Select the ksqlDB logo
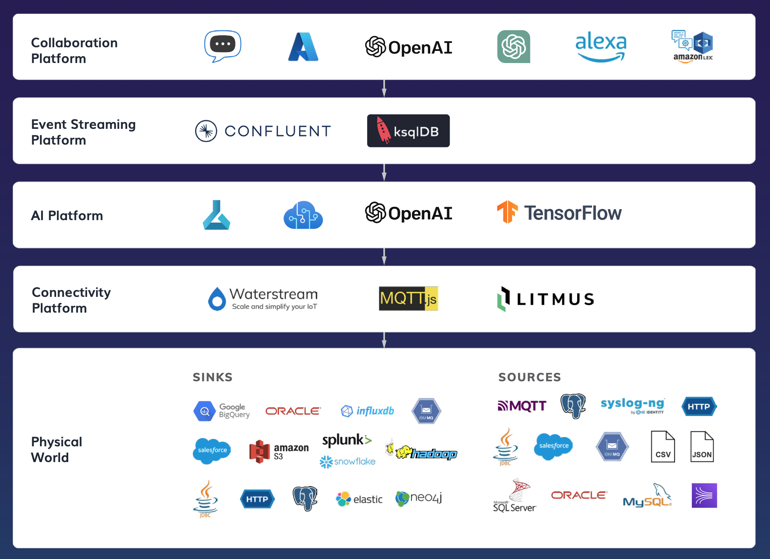tap(408, 131)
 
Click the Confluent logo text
tap(277, 131)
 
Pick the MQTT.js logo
tap(408, 298)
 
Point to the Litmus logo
tap(546, 299)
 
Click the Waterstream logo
tap(263, 298)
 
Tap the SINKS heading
tap(213, 377)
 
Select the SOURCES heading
tap(529, 377)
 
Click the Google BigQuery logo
tap(222, 411)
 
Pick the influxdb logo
tap(368, 411)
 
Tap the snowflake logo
tap(347, 461)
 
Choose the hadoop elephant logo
tap(422, 452)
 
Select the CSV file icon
tap(663, 447)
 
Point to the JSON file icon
tap(702, 447)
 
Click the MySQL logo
tap(647, 496)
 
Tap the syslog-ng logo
tap(632, 405)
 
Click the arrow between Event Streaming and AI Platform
tap(384, 172)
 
